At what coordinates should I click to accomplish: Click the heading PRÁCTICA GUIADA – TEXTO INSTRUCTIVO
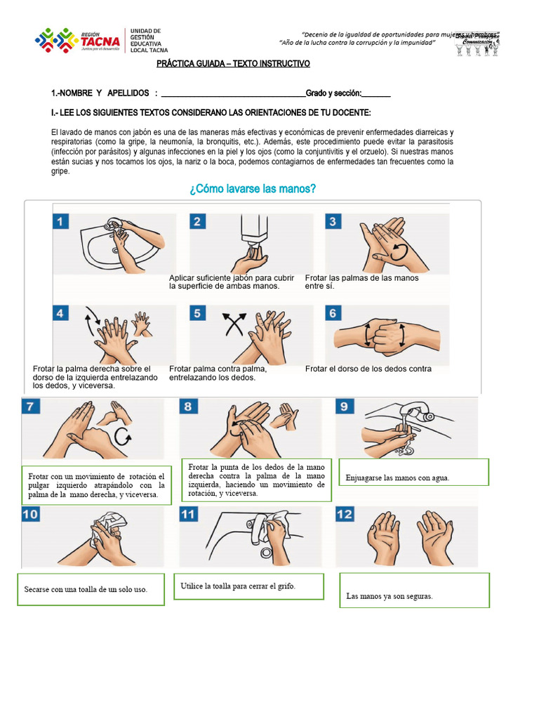pos(232,64)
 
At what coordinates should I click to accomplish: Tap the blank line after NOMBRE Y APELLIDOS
pos(233,93)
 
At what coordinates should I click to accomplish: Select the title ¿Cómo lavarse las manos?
pos(253,190)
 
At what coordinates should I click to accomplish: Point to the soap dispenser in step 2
pos(255,227)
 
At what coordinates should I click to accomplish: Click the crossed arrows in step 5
pos(234,325)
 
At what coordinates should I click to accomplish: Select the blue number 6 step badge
pos(334,313)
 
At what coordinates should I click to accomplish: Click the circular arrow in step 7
pos(124,437)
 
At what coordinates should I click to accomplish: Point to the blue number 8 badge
pos(188,407)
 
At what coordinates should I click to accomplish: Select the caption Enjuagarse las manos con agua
pos(397,478)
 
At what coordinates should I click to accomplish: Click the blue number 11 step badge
pos(188,515)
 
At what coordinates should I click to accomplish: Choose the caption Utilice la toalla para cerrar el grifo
pos(238,586)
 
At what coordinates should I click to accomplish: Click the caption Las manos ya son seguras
pos(390,596)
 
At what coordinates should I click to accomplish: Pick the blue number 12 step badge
pos(346,515)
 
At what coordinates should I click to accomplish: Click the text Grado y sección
pos(333,93)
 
